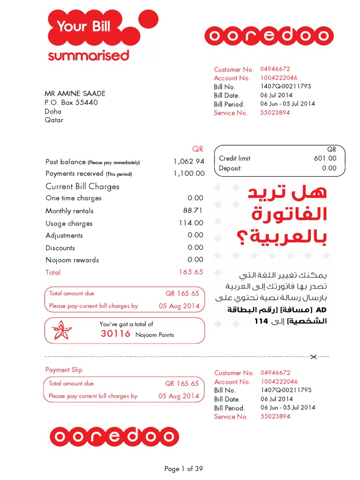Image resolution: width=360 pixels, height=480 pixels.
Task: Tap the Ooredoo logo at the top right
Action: [x=269, y=36]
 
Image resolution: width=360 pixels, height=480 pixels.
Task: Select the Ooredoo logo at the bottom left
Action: [x=114, y=437]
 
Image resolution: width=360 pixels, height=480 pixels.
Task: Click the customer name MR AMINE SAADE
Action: [x=75, y=94]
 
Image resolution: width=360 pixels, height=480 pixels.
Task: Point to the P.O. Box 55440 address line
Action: [x=71, y=103]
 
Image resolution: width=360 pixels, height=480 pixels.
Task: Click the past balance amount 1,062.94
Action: [x=189, y=162]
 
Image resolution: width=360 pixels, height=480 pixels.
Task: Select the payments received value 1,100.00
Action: [x=189, y=173]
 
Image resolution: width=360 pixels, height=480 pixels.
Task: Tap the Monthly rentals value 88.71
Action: [x=193, y=210]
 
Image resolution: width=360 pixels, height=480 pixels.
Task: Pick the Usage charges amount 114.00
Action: [x=191, y=223]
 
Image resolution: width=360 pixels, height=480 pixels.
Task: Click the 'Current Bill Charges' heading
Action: [x=82, y=187]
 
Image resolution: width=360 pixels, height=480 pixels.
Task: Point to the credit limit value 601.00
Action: [x=325, y=158]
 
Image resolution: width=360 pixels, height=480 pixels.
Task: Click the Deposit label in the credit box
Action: [x=230, y=168]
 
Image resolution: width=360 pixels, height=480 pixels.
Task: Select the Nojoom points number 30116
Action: [x=116, y=334]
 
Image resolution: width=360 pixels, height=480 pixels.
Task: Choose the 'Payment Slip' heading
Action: [x=64, y=370]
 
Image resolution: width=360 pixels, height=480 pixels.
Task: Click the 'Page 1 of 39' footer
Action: [x=184, y=469]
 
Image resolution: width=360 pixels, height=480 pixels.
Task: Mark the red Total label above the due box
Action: [x=52, y=272]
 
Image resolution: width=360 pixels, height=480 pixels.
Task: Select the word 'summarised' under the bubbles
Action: [x=88, y=56]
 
